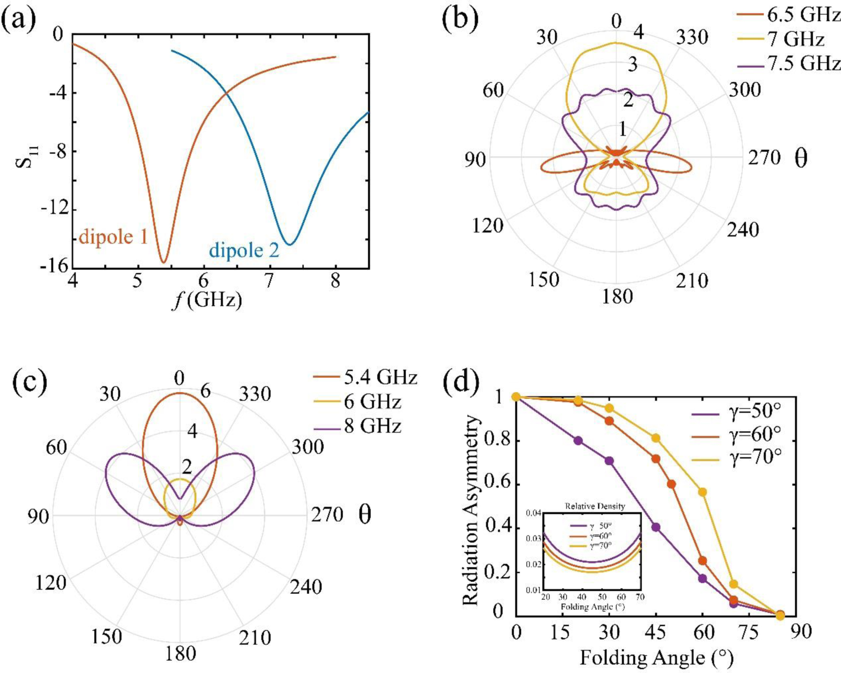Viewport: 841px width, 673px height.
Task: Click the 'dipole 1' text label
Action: point(113,236)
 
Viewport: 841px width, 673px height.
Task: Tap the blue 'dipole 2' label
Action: point(244,250)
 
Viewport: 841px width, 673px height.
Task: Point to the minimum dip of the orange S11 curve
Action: point(163,262)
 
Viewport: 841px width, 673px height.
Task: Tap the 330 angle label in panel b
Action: point(692,37)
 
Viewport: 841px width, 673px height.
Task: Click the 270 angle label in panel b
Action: point(764,158)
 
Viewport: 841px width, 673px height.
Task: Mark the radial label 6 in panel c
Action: point(205,391)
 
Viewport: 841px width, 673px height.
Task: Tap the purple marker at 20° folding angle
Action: point(578,441)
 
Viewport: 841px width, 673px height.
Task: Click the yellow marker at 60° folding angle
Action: point(703,492)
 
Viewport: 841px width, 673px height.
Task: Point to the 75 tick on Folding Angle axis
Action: point(748,632)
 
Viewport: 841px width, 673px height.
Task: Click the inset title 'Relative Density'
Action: point(595,506)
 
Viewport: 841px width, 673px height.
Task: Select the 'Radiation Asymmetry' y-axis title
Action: point(472,509)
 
